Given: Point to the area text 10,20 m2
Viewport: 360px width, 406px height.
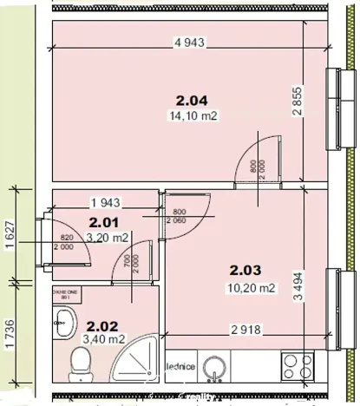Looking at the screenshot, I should (x=252, y=288).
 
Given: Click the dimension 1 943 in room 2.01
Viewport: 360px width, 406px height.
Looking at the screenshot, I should (x=103, y=203).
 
